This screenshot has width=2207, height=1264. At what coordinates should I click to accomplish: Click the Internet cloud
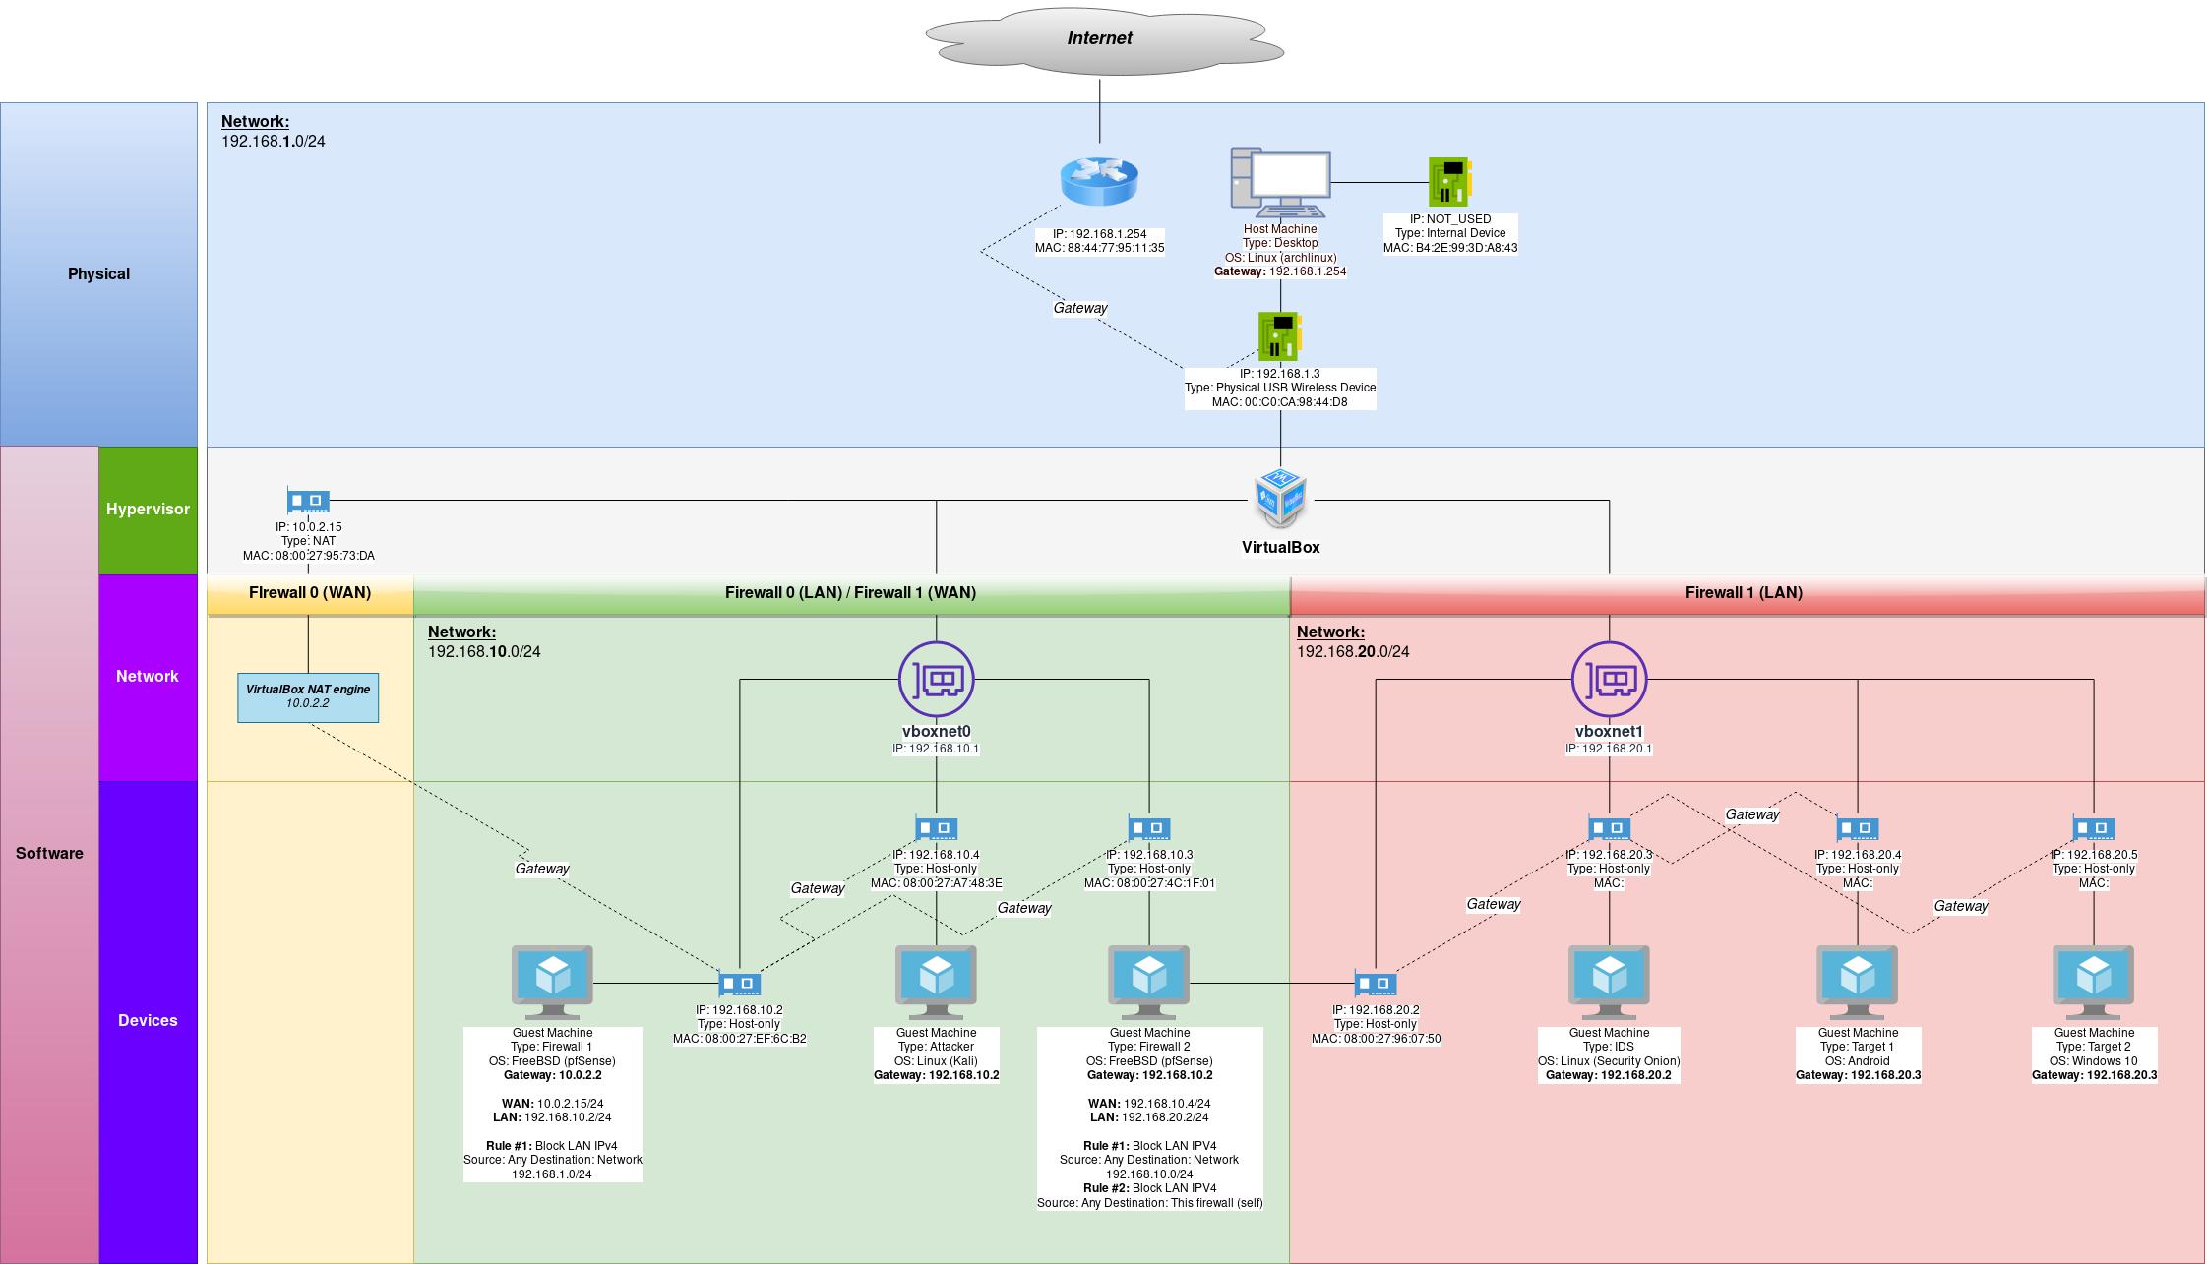1103,39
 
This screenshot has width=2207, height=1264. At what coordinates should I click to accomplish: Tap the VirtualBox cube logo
1280,499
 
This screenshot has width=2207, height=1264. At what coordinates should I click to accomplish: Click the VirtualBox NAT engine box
308,697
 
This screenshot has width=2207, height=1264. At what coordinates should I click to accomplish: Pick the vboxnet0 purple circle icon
936,679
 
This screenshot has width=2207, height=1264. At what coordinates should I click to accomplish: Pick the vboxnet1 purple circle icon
1609,679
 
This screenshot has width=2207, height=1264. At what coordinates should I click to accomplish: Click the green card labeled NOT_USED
1449,182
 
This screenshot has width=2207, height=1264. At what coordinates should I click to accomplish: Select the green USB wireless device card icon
1279,336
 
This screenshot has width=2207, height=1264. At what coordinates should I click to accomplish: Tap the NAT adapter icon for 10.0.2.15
308,501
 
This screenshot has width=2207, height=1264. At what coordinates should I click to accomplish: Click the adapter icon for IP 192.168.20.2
1375,984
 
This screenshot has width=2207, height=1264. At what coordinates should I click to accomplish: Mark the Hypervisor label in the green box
148,510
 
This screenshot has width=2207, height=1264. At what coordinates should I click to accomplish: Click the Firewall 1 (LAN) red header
1744,593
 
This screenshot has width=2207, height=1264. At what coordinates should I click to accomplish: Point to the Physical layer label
98,274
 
